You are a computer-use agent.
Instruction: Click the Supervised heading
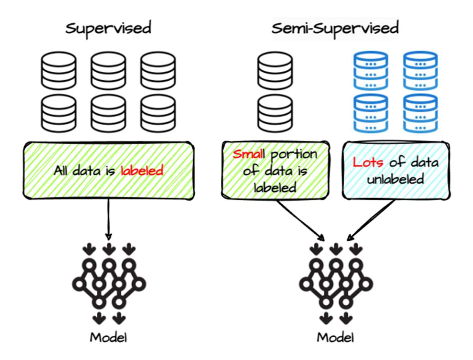pyautogui.click(x=108, y=28)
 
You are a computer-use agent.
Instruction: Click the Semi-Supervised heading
pyautogui.click(x=335, y=28)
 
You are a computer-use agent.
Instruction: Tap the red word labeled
pyautogui.click(x=142, y=170)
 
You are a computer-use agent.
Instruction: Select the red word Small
pyautogui.click(x=248, y=154)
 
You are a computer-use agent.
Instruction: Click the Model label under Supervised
pyautogui.click(x=109, y=338)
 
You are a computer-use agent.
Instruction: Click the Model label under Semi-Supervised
pyautogui.click(x=336, y=338)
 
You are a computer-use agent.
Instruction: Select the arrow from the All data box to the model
pyautogui.click(x=109, y=218)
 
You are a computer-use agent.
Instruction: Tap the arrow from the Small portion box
pyautogui.click(x=299, y=218)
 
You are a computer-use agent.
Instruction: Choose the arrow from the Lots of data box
pyautogui.click(x=373, y=218)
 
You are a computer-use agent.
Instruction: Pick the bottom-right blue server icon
pyautogui.click(x=420, y=113)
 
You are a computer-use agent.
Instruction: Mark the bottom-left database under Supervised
pyautogui.click(x=58, y=113)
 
